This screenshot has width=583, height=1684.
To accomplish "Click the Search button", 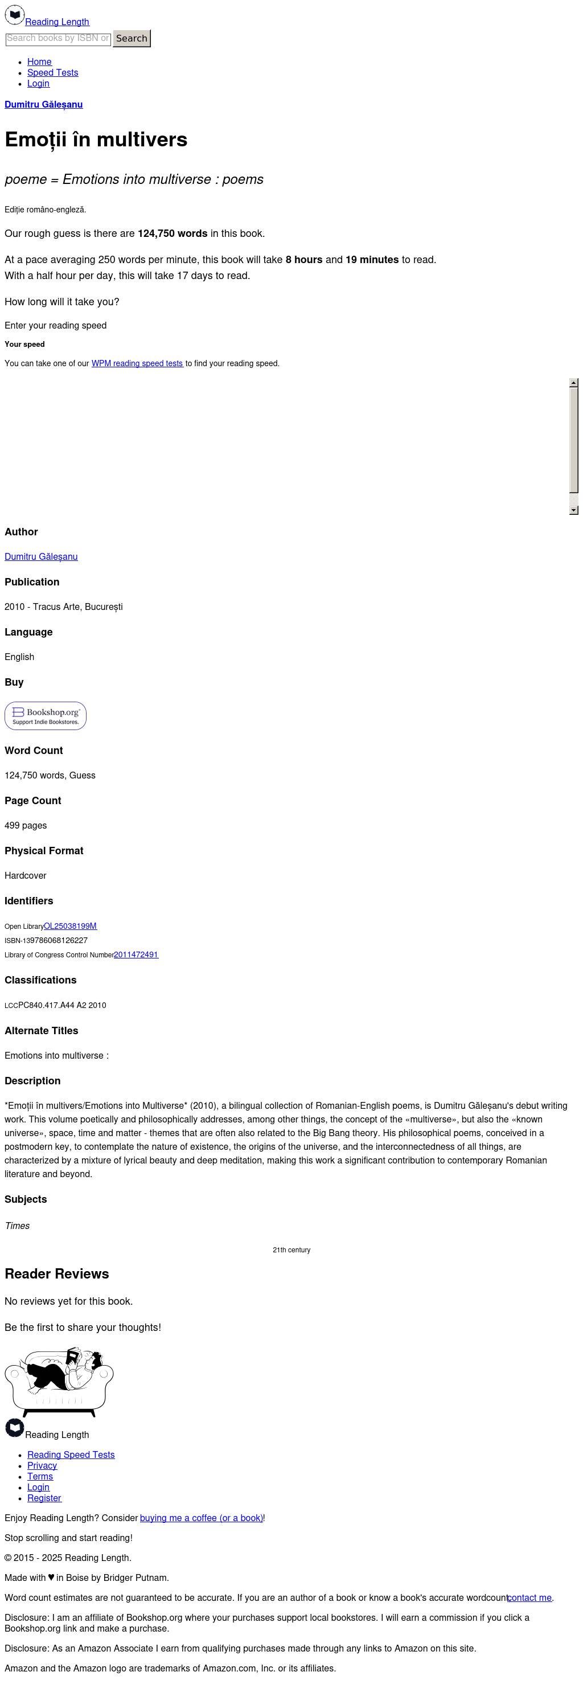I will coord(132,39).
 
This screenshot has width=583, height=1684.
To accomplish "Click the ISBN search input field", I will coord(58,39).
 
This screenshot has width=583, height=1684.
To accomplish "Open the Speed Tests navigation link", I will coord(52,72).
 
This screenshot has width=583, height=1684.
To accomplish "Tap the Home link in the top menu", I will coord(39,62).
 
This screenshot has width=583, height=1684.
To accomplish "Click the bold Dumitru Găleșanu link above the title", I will coord(43,105).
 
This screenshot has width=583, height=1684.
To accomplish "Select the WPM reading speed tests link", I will coord(137,363).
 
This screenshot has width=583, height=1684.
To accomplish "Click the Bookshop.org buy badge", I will coord(45,716).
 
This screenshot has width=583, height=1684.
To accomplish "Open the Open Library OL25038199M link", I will coord(70,925).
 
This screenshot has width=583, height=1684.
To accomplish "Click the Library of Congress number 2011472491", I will coord(136,954).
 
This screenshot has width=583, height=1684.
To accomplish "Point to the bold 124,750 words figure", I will coord(172,233).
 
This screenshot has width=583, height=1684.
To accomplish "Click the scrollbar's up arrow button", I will coord(573,383).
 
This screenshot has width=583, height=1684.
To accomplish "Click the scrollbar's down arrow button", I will coord(573,510).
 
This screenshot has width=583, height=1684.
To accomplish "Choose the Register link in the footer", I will coord(44,1498).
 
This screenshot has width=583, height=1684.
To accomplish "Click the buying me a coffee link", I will coord(200,1518).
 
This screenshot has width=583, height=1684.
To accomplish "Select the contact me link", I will coord(529,1597).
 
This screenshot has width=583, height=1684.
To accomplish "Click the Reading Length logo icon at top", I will coord(14,14).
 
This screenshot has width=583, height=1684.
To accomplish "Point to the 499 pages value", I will coord(26,826).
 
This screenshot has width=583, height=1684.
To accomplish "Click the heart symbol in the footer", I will coord(51,1578).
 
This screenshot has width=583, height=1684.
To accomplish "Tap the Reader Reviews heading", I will coord(57,1274).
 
